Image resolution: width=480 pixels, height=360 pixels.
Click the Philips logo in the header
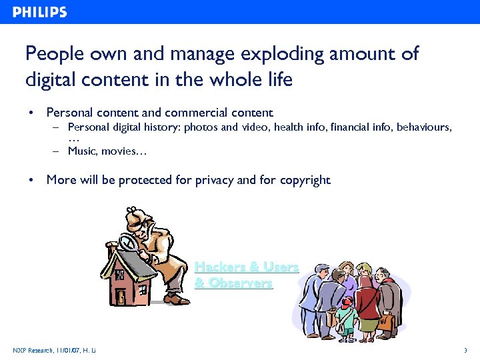[x=39, y=12]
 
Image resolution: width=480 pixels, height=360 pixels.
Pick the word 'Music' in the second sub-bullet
[x=81, y=151]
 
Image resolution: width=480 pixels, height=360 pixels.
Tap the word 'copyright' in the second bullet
[x=305, y=180]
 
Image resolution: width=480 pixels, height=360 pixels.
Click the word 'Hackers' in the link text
[x=219, y=267]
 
